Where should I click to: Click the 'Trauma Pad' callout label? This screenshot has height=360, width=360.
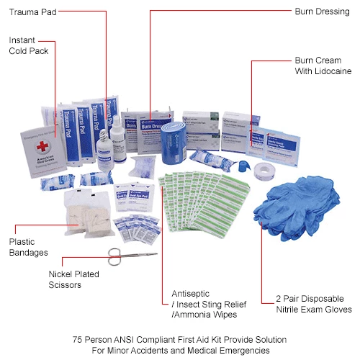pyautogui.click(x=37, y=12)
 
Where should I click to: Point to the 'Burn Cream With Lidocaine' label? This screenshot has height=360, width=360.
pyautogui.click(x=323, y=66)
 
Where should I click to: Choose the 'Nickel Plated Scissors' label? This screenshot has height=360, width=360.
pyautogui.click(x=74, y=279)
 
